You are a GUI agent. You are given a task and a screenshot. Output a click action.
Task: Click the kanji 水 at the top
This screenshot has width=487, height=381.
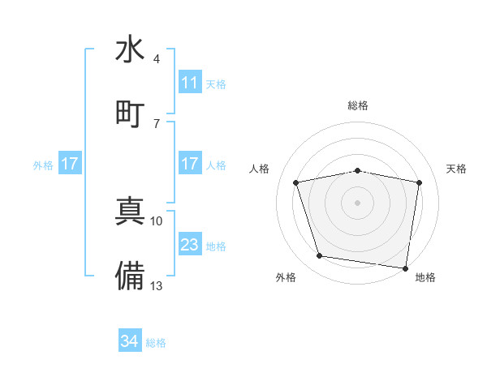click(130, 49)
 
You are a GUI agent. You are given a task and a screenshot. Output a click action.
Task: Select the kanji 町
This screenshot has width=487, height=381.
click(130, 112)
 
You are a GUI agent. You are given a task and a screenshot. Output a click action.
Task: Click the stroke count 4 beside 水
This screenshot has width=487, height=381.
click(156, 59)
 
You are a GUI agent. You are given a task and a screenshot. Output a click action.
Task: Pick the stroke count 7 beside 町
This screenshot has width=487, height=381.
click(156, 123)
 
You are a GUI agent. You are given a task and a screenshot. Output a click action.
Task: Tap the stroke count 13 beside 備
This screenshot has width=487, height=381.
click(157, 285)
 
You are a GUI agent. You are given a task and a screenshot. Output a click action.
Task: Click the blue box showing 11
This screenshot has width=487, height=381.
click(189, 83)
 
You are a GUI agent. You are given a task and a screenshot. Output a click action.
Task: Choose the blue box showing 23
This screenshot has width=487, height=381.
click(189, 245)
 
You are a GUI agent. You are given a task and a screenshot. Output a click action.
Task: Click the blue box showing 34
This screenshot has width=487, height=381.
click(129, 341)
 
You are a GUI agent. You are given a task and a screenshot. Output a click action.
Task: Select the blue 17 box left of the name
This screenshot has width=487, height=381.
click(70, 164)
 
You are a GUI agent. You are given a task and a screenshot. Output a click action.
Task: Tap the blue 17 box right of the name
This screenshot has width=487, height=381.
click(189, 164)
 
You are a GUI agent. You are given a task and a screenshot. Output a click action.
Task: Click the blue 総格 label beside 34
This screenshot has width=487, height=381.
click(156, 343)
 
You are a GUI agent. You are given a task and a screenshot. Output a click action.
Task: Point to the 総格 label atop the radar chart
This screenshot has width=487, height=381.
click(357, 105)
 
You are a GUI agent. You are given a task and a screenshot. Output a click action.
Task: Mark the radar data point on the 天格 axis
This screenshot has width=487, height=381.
click(420, 182)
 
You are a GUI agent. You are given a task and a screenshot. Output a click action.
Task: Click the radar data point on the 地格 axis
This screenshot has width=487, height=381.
click(405, 268)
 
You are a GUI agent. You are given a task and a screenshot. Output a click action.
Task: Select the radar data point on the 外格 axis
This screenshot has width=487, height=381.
click(319, 256)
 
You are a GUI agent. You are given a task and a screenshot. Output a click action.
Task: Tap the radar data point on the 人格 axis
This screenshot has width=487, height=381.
click(296, 183)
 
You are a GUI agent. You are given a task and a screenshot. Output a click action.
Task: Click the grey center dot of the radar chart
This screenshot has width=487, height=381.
click(357, 203)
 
